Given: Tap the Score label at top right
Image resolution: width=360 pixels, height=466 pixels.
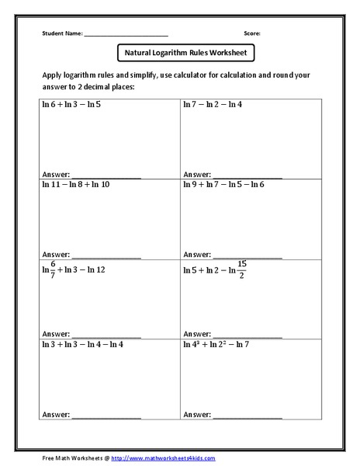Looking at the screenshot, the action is [x=251, y=33].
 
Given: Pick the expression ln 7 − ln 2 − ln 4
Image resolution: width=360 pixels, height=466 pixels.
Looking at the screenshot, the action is [x=213, y=103].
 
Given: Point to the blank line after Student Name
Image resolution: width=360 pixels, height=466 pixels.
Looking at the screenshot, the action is [x=126, y=35].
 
